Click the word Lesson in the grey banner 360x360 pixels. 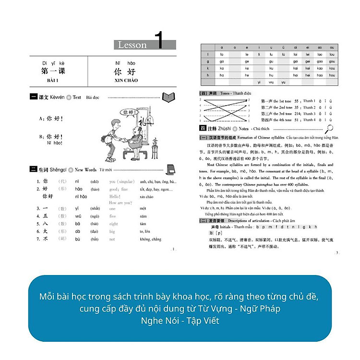point(132,45)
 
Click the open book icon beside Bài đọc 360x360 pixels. point(168,97)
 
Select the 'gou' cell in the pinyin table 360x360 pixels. point(332,61)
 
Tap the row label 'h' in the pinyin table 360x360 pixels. point(208,75)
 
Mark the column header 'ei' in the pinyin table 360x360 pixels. point(308,48)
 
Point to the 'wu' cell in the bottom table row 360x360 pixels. point(271,83)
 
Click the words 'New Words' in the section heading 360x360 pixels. point(85,169)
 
